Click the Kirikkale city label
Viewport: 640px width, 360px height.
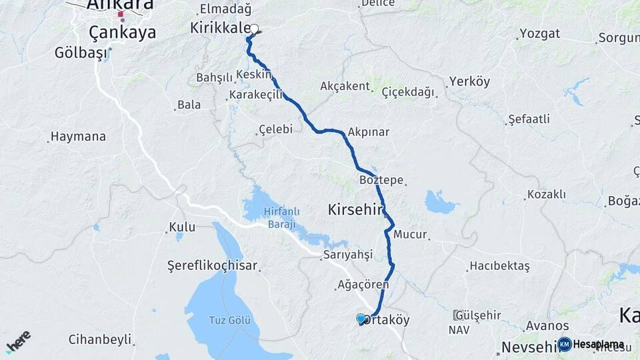[220, 28]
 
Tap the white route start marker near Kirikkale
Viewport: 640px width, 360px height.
[254, 29]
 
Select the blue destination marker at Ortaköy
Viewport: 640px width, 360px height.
[361, 319]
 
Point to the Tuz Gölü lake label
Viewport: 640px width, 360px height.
[231, 321]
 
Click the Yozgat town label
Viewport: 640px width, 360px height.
[539, 33]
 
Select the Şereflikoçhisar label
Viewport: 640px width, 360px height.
[212, 265]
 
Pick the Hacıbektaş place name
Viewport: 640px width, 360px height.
[499, 266]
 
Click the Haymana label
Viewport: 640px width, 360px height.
[79, 137]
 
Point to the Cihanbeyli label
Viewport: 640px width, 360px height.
[99, 339]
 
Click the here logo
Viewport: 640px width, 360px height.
[18, 341]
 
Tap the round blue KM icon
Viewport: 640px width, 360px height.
[565, 344]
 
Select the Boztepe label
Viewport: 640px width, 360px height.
[381, 181]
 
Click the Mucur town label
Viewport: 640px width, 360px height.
[409, 235]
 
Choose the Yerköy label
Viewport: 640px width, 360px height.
[469, 82]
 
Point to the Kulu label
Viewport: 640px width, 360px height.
[182, 227]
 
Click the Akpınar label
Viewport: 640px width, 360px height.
[368, 132]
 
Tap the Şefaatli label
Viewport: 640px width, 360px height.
[529, 119]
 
